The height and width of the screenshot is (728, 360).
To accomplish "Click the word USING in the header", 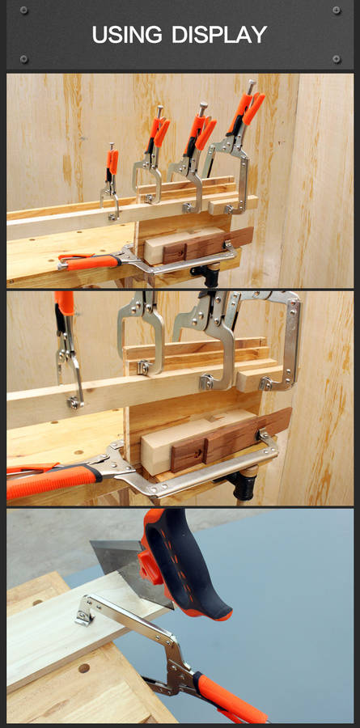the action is (x=127, y=35).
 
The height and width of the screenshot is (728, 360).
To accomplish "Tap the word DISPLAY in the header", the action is (x=219, y=35).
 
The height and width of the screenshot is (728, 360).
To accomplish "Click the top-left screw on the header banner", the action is (x=23, y=11).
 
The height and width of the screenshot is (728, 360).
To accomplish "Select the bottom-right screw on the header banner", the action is (x=337, y=59).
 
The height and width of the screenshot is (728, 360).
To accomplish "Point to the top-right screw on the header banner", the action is (x=337, y=11).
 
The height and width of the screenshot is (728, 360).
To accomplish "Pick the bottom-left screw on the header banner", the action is (x=23, y=59).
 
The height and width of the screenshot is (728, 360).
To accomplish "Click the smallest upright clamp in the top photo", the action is (x=111, y=181).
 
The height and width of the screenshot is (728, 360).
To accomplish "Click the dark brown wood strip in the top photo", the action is (x=208, y=244).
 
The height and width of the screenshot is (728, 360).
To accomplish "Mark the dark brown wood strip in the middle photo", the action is (x=231, y=438).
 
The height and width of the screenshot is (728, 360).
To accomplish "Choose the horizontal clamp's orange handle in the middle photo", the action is (x=52, y=481).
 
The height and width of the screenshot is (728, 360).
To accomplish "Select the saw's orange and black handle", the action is (x=184, y=563).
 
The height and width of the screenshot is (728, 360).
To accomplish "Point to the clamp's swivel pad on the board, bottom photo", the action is (x=85, y=613).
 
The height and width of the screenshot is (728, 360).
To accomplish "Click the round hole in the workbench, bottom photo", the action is (x=83, y=667).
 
